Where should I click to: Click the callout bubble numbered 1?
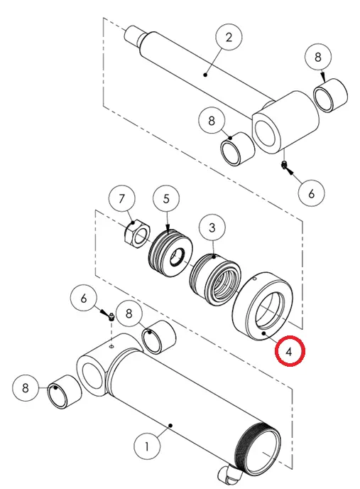click(x=147, y=446)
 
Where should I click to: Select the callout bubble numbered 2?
click(x=229, y=37)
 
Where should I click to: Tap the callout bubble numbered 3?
click(x=212, y=227)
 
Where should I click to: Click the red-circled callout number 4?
click(x=290, y=351)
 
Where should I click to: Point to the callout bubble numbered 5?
click(x=166, y=199)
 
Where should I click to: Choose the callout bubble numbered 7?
click(x=122, y=198)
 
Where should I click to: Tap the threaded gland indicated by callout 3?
click(x=215, y=279)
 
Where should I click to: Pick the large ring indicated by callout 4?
click(x=263, y=306)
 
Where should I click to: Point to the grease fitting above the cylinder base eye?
click(x=111, y=318)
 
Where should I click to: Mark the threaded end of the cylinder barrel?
click(x=261, y=447)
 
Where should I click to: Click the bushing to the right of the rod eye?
click(x=331, y=95)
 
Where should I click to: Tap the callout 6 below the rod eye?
click(x=312, y=193)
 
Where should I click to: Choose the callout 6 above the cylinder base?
click(x=83, y=298)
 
